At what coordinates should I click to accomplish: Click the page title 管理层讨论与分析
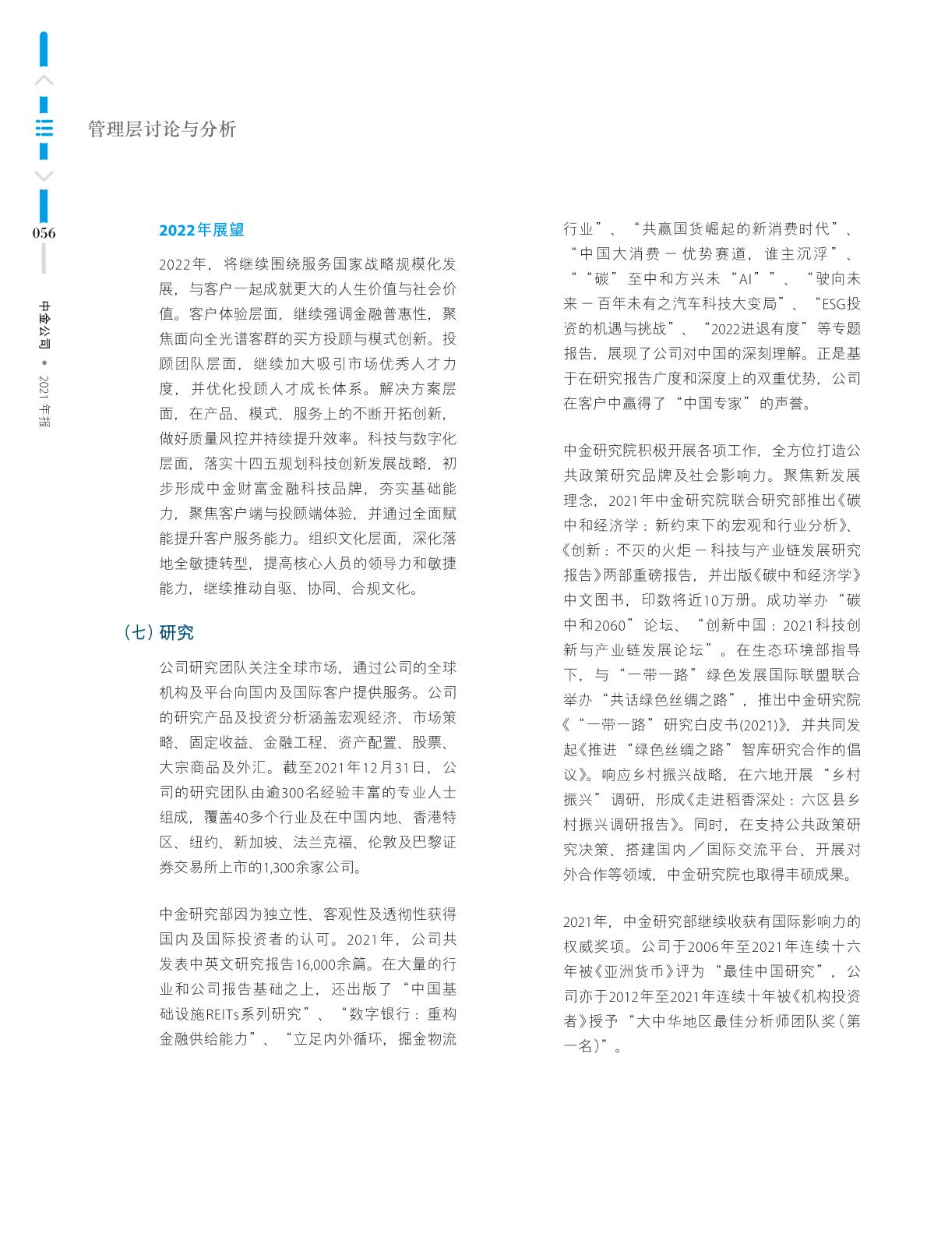[x=162, y=129]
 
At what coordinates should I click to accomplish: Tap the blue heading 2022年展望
[x=201, y=230]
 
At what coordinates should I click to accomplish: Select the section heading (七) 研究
[x=159, y=632]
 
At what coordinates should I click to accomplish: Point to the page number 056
[x=44, y=233]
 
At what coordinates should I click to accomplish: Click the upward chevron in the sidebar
[x=44, y=80]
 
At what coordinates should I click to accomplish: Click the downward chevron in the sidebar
[x=44, y=175]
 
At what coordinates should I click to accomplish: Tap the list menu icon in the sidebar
[x=44, y=129]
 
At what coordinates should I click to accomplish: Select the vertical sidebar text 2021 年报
[x=44, y=401]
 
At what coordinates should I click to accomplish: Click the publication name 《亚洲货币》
[x=627, y=971]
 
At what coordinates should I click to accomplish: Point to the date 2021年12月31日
[x=371, y=767]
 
